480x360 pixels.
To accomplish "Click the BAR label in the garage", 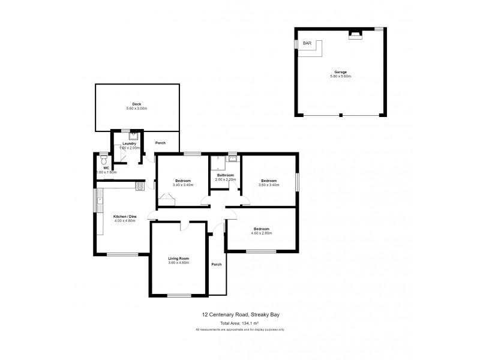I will click(307, 44).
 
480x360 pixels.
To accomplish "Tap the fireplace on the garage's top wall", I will click(355, 35).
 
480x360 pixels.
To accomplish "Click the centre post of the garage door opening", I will click(341, 115).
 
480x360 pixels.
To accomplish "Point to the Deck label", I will click(137, 104).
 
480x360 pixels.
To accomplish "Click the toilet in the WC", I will click(103, 161).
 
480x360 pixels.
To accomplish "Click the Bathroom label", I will click(226, 175).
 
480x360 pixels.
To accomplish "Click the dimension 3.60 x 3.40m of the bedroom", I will click(268, 185).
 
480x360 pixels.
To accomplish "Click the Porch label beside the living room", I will click(217, 264).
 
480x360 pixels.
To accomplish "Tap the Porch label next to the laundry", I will click(161, 143).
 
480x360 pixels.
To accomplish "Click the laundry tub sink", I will click(134, 135).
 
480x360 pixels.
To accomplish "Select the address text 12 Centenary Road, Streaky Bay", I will click(239, 314).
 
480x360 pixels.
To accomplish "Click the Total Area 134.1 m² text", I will click(239, 323).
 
